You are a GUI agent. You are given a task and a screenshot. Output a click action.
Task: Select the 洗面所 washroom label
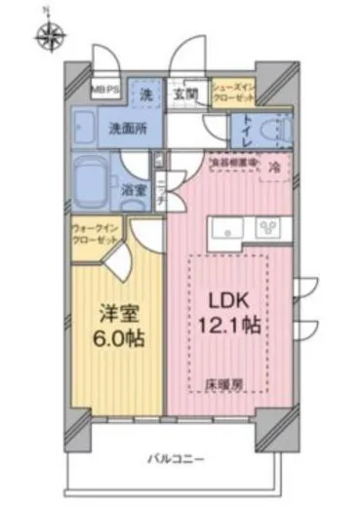(127, 127)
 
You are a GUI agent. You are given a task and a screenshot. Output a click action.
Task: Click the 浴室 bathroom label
(135, 191)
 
